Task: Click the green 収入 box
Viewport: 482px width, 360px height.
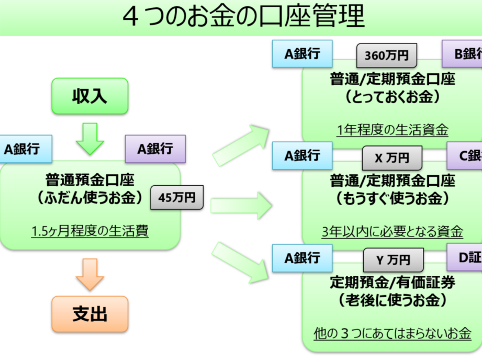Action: click(89, 96)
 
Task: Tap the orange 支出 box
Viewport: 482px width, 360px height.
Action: click(89, 314)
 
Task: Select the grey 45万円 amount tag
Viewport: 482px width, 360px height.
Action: click(177, 198)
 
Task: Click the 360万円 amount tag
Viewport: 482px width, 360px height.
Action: click(387, 55)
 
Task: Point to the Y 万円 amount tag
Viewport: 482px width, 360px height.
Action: click(394, 260)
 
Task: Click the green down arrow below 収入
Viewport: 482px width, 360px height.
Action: click(90, 138)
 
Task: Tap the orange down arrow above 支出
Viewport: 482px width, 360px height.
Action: click(90, 275)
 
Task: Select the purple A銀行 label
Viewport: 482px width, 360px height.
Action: click(155, 149)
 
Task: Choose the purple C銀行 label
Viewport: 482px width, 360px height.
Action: click(465, 155)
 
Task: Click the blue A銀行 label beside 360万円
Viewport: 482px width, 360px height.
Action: click(302, 54)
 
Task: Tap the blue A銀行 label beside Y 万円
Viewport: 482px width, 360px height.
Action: click(302, 257)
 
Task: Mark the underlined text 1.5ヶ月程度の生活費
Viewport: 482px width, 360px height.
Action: click(89, 231)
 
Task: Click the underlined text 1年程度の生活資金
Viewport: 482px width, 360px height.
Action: click(392, 130)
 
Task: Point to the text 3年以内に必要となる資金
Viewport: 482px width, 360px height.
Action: click(392, 231)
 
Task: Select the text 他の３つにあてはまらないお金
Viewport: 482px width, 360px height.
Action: click(392, 333)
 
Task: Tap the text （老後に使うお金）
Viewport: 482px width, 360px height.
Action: click(392, 300)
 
